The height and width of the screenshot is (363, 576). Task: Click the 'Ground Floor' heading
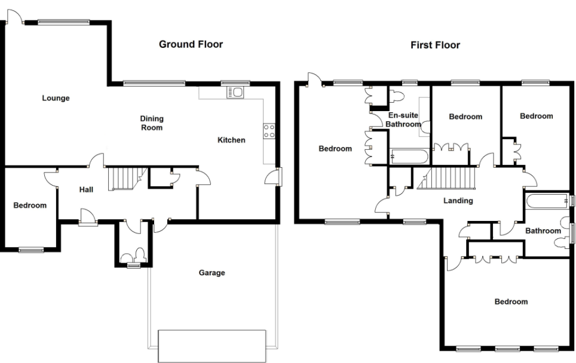(191, 44)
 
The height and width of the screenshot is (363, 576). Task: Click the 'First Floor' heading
(435, 45)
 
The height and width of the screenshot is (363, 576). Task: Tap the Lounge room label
(56, 98)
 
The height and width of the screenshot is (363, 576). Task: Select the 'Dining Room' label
(151, 123)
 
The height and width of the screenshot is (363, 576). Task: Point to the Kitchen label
(231, 140)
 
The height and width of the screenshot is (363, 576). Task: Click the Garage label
(212, 273)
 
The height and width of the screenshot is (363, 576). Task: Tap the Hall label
(86, 190)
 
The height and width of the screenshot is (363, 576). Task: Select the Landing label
(458, 201)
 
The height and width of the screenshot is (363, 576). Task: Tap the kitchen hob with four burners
(269, 131)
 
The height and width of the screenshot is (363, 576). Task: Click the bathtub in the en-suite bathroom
(409, 157)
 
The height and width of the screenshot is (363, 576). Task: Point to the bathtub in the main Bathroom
(547, 201)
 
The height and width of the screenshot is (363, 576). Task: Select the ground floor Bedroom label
(30, 205)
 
